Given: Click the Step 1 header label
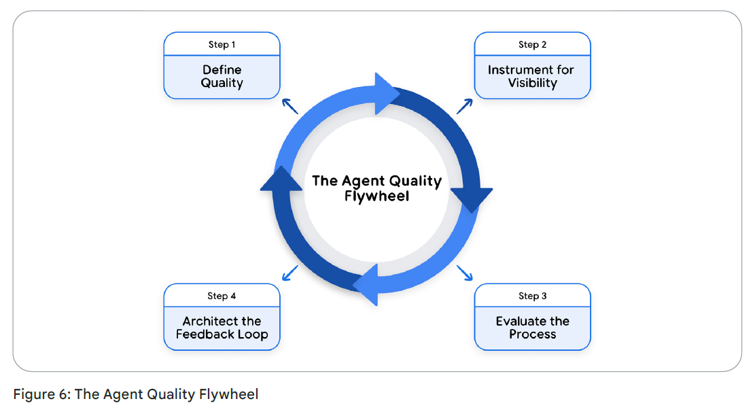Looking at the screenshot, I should coord(222,45).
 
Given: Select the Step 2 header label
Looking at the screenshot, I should coord(532,45).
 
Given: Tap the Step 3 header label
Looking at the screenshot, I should coord(532,296).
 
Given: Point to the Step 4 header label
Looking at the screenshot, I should coord(222,296).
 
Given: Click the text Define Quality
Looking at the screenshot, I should coord(222,76).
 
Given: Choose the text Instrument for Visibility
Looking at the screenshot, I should coord(532,76).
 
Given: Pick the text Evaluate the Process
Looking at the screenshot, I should coord(532,328).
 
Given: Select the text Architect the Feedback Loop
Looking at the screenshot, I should coord(222,328).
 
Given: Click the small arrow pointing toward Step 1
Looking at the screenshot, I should coord(290,105).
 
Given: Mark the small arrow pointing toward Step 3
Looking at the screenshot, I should coord(465,273).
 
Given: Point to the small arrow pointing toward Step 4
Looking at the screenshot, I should coord(289,273).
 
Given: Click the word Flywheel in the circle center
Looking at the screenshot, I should coord(376,197).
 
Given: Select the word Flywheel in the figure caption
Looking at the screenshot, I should coord(229,394).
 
